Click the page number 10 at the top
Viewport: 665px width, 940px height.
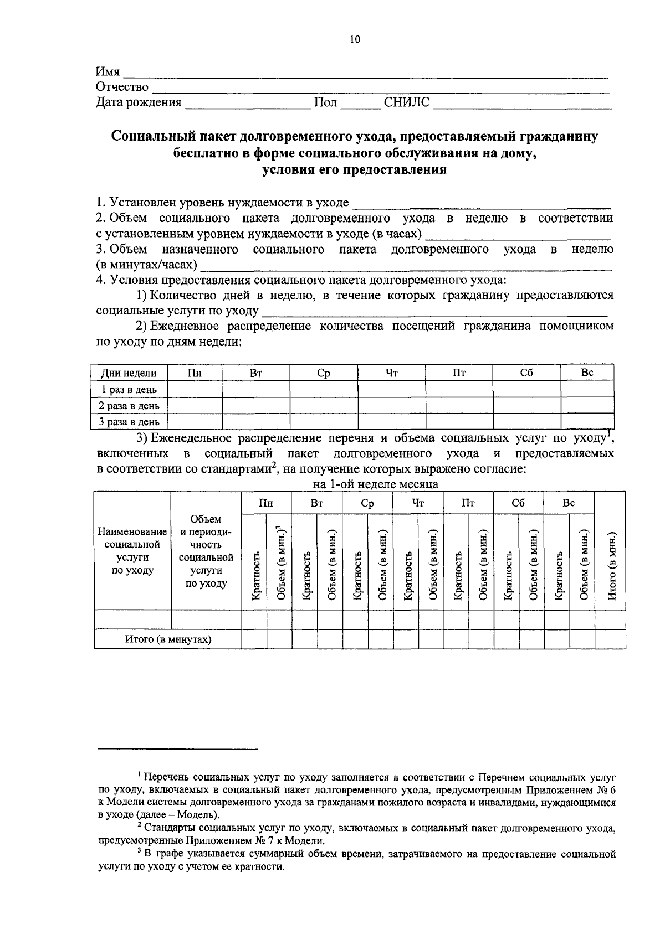point(355,39)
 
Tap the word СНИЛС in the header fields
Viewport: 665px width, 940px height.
point(406,102)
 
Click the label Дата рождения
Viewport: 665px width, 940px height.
point(139,102)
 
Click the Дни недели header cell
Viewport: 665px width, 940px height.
point(128,373)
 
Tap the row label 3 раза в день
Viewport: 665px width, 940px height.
point(129,422)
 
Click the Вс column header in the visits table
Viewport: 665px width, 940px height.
point(587,373)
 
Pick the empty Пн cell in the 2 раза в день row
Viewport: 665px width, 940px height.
point(194,405)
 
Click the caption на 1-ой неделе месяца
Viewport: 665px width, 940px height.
point(375,484)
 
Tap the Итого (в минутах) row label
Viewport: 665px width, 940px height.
point(168,639)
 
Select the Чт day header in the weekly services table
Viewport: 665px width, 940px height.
point(418,503)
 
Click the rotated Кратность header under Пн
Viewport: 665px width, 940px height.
point(255,576)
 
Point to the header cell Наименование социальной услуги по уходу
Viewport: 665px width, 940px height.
point(132,551)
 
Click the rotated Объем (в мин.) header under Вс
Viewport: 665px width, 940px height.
point(583,566)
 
